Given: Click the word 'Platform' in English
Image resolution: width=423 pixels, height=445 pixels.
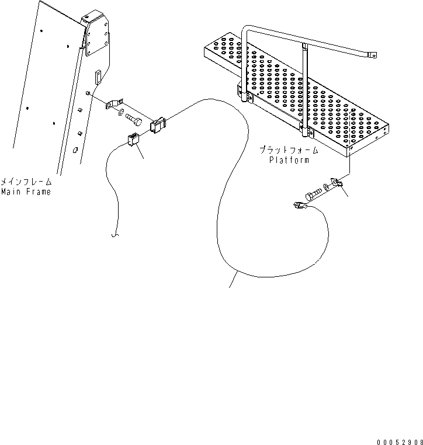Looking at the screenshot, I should [289, 160].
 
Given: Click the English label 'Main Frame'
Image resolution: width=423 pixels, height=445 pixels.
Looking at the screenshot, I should [25, 192].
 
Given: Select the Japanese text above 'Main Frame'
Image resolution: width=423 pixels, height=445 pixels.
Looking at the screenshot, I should [26, 182].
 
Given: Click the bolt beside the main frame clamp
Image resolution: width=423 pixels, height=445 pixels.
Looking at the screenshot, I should [134, 120].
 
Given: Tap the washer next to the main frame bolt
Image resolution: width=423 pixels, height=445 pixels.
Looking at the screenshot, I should [120, 113].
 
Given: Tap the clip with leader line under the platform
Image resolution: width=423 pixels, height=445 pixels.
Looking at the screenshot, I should [338, 185].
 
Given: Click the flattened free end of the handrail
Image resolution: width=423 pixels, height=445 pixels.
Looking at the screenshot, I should [371, 55].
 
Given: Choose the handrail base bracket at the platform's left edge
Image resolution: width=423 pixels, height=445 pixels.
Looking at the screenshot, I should [241, 91].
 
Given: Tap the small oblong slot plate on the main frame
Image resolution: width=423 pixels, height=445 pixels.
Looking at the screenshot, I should [98, 75].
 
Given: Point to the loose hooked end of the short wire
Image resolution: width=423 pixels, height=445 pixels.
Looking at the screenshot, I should [115, 236].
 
